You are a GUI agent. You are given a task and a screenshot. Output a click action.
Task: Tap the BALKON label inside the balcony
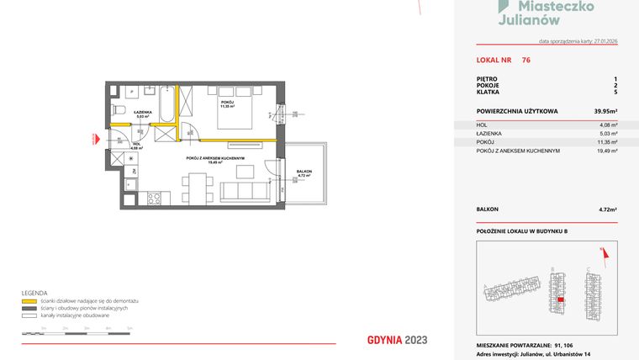(x=304, y=172)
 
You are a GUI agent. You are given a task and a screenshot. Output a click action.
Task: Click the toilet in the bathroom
(x=119, y=111)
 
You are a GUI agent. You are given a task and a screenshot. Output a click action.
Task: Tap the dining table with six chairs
(x=195, y=187)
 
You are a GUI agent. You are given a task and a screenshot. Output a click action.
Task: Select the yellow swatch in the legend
(x=29, y=300)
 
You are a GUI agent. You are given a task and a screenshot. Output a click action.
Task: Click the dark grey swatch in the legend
(x=29, y=307)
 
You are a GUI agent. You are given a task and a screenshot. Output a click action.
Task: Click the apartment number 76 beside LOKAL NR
(x=525, y=60)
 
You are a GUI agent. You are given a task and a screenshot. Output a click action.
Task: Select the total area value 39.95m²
(x=606, y=111)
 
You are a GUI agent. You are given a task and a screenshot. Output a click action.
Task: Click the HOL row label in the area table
(x=482, y=124)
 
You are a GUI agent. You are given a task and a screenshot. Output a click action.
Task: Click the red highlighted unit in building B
(x=562, y=301)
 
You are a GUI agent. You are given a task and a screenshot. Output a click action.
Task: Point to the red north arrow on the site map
(x=601, y=251)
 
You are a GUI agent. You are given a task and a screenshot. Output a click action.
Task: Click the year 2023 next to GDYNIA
(x=415, y=340)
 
